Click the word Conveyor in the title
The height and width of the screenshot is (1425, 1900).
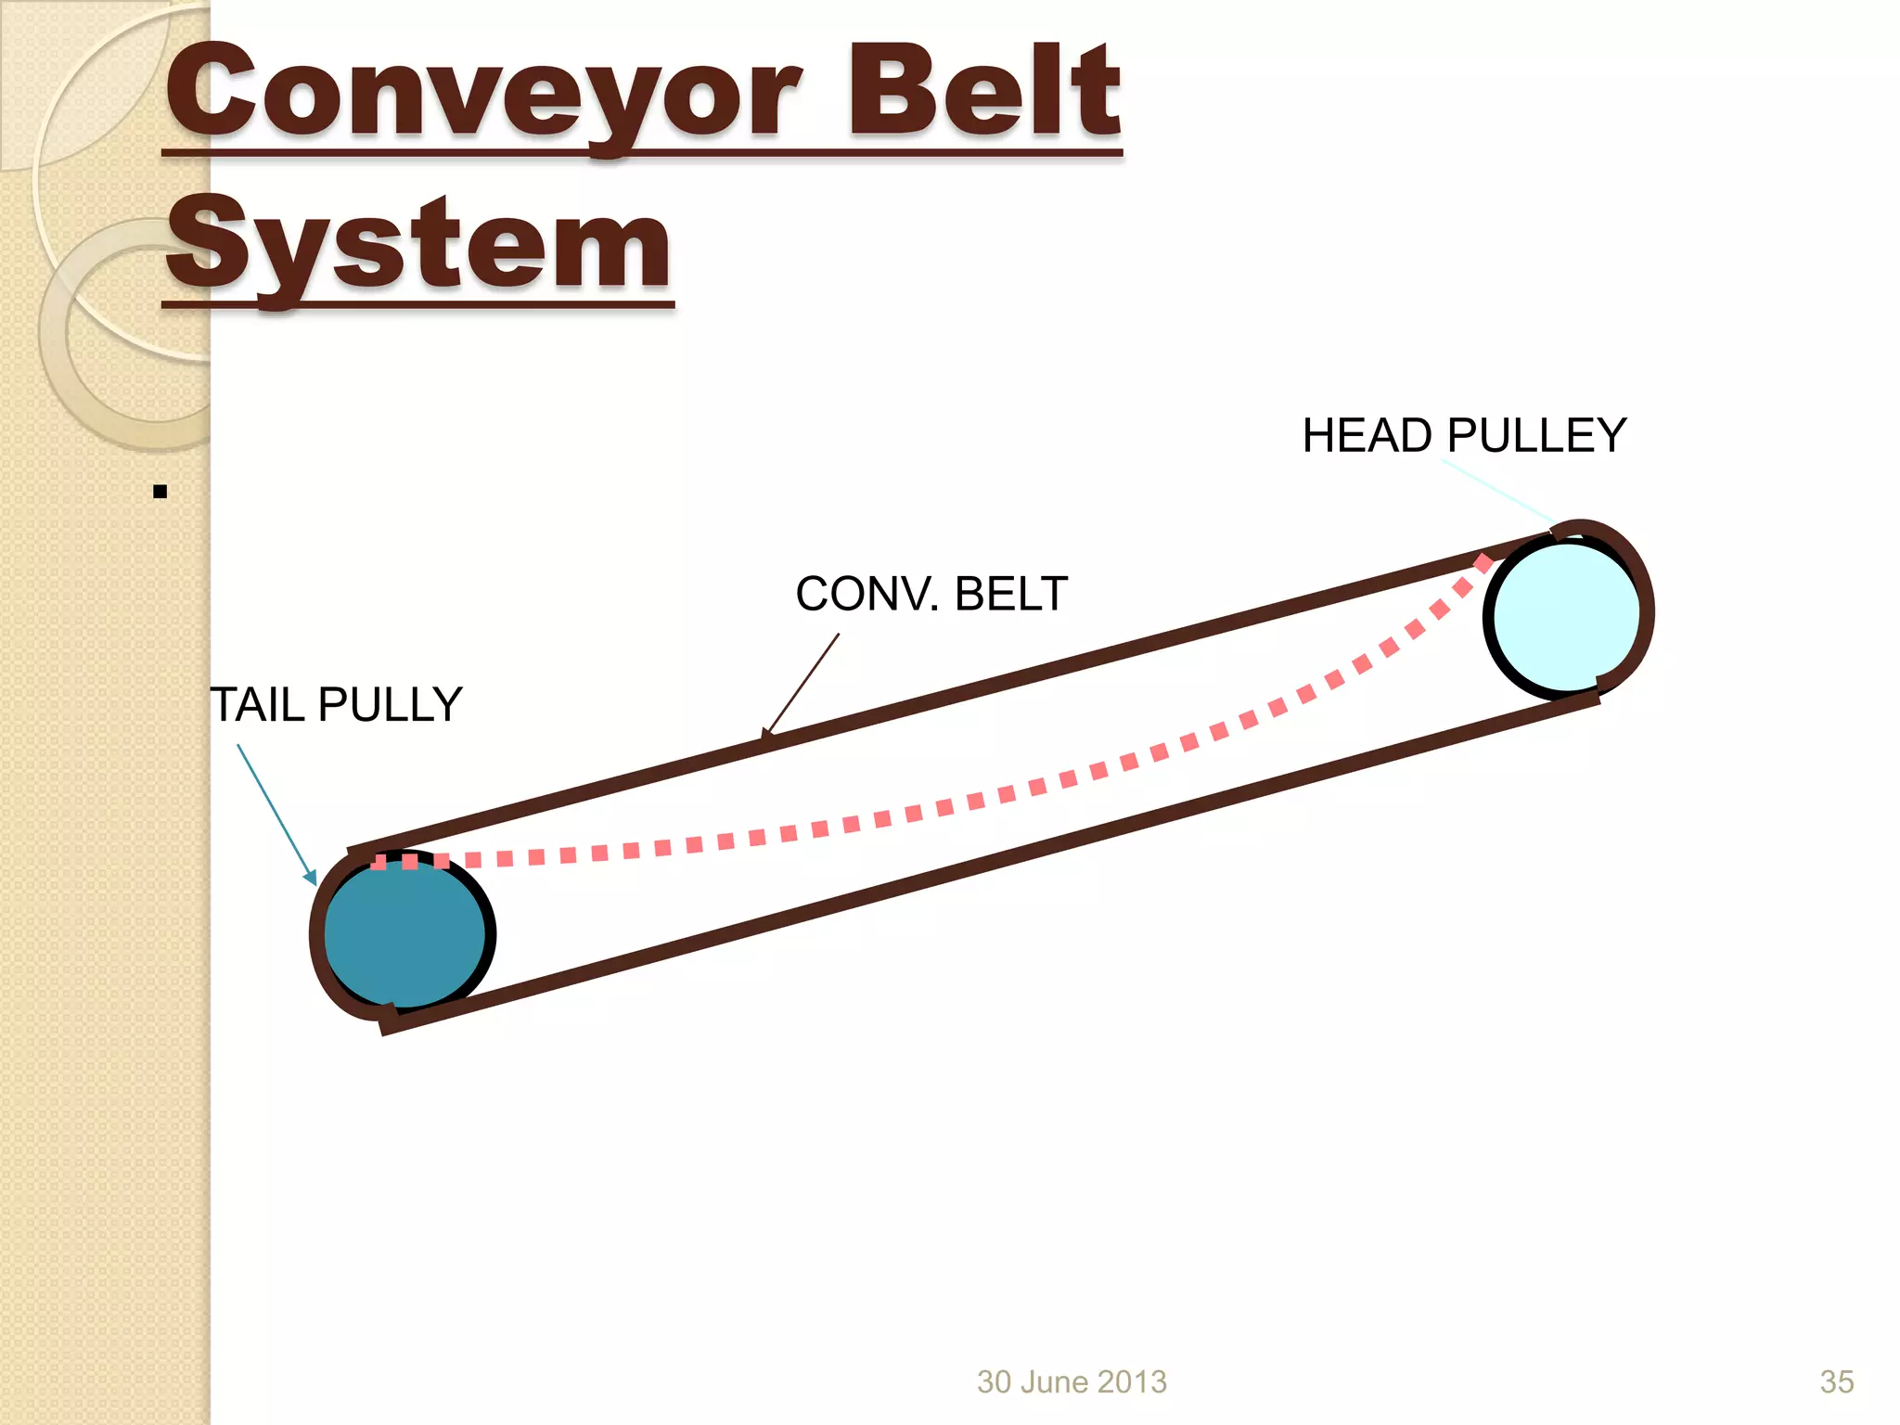(x=482, y=93)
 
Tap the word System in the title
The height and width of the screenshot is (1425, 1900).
(x=417, y=246)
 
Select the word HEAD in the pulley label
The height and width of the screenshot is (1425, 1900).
(x=1367, y=436)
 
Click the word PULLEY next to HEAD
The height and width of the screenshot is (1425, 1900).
(x=1536, y=436)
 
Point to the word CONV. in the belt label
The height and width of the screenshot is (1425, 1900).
(x=867, y=594)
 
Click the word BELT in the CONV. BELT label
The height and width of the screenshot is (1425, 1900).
(x=1011, y=594)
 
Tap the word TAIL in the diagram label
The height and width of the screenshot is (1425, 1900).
(x=257, y=705)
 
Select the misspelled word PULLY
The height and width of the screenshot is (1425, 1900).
(x=391, y=705)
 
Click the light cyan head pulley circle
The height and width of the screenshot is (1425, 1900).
(x=1566, y=617)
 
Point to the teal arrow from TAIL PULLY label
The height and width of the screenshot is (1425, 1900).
(x=276, y=813)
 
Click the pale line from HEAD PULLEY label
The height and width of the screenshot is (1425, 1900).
(x=1498, y=491)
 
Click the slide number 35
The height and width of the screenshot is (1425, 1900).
(x=1836, y=1381)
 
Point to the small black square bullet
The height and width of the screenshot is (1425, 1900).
(x=160, y=492)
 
